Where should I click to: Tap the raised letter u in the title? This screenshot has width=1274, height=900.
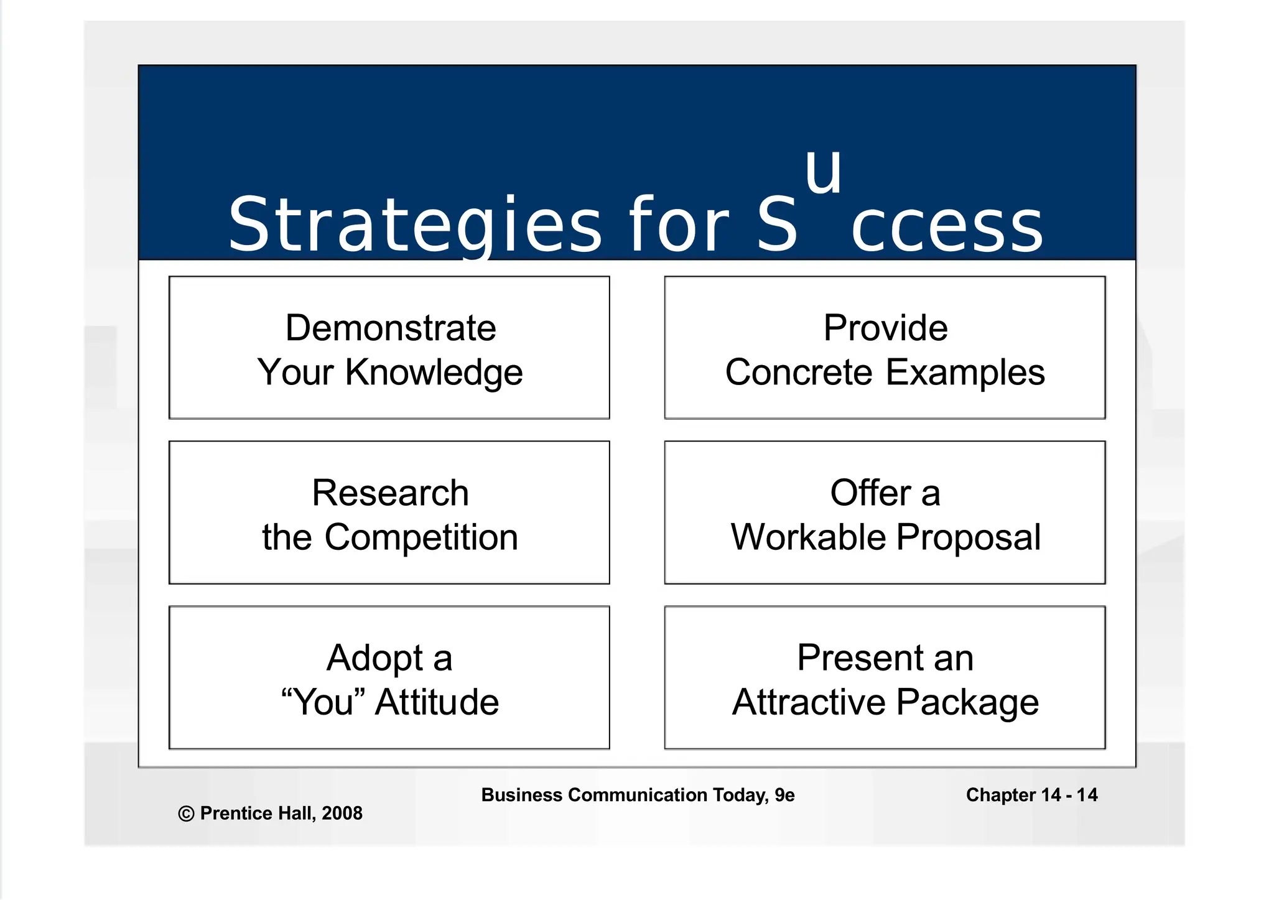coord(823,171)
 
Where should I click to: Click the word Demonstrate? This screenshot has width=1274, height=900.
coord(390,328)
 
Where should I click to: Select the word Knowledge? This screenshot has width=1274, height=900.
coord(434,373)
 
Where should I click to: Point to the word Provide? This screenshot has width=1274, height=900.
coord(885,328)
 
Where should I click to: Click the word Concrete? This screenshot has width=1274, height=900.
coord(799,373)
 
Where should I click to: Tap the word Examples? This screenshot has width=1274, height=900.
coord(965,373)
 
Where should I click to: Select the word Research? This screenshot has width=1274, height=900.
coord(390,493)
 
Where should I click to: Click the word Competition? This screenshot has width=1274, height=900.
coord(421,537)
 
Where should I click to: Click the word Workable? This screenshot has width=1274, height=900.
coord(807,537)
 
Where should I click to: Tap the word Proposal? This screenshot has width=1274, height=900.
coord(969,537)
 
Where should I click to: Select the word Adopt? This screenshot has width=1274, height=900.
coord(374,658)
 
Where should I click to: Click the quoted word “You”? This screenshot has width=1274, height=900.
coord(323,702)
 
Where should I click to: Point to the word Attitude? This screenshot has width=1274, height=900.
coord(437,702)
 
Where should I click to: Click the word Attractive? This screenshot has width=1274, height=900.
coord(809,702)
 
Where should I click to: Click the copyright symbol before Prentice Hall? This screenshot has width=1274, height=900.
coord(186,814)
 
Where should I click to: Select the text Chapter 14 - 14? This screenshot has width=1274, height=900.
coord(1031,795)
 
